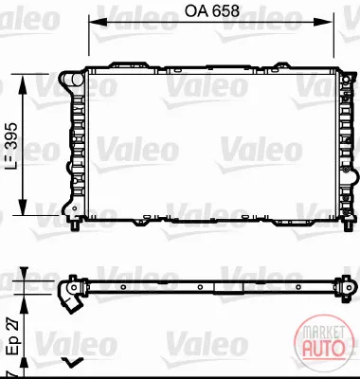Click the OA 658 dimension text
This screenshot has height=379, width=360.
pos(212,11)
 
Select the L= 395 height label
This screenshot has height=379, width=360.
pos(11,145)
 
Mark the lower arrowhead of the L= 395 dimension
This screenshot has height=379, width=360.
pos(23,207)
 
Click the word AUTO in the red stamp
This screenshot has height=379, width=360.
pos(323,349)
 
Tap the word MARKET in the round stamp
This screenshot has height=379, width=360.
pos(323,334)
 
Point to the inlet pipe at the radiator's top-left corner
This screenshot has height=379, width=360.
pos(71,80)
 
